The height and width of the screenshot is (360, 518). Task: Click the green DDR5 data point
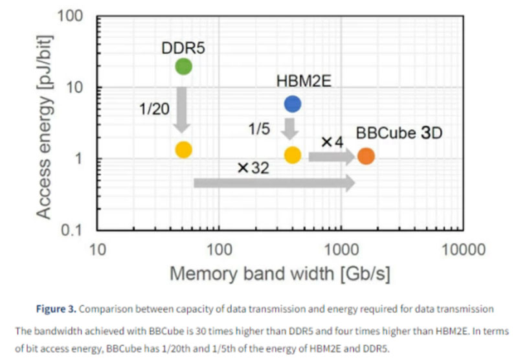tap(183, 66)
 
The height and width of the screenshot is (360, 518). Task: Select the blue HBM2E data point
tap(292, 104)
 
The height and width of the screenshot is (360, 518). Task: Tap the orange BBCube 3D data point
tap(366, 156)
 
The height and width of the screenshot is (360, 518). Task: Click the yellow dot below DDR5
tap(183, 150)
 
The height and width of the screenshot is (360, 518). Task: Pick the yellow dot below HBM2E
tap(292, 155)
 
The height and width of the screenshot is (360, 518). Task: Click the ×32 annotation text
tap(253, 168)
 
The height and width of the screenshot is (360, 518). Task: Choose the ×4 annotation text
tap(332, 141)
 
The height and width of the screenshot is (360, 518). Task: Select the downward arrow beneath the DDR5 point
tap(183, 107)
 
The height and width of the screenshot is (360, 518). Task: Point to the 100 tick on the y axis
tap(75, 16)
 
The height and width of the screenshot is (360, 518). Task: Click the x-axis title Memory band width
tap(280, 273)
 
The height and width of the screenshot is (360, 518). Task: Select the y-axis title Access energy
tap(43, 123)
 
